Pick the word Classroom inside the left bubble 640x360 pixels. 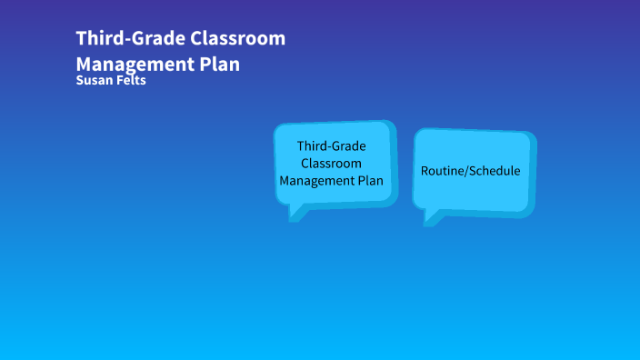coord(331,163)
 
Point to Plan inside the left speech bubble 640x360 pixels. coord(372,180)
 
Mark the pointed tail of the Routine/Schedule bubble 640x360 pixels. coord(429,219)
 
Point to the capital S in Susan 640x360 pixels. coord(81,81)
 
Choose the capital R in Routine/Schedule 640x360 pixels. coord(424,171)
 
